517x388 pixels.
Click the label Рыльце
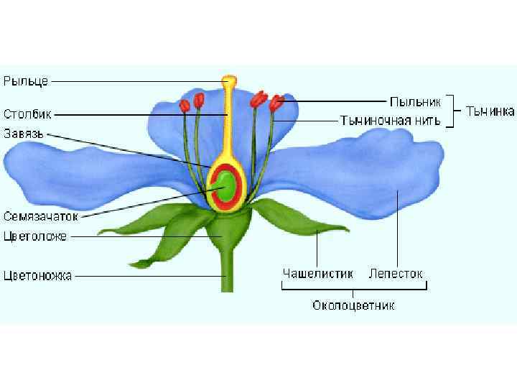tap(26, 81)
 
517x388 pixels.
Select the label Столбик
tap(27, 114)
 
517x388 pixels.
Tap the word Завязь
tap(25, 133)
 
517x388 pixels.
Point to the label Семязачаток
tap(39, 216)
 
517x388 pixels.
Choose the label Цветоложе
tap(35, 236)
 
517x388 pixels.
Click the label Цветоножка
tap(37, 275)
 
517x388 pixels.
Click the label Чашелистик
tap(318, 274)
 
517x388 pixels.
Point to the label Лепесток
tap(396, 274)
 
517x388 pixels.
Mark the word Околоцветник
tap(353, 306)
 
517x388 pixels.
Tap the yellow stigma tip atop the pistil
tap(229, 80)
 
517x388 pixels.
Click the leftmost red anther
tap(185, 105)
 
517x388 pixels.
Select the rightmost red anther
tap(275, 104)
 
